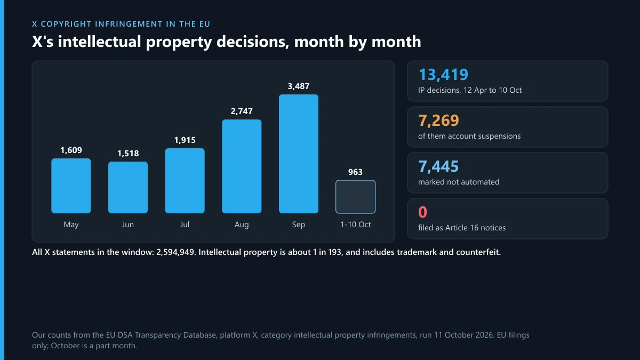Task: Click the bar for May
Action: [71, 186]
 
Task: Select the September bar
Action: [299, 154]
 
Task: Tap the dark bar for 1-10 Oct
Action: [355, 197]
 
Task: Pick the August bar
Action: [242, 166]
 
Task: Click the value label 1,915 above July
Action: [185, 140]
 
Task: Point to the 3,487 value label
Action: [299, 86]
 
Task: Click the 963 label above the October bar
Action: [355, 172]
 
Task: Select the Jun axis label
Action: [127, 225]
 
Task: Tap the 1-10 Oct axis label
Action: [355, 225]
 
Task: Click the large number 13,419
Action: [443, 75]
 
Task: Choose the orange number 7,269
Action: [438, 121]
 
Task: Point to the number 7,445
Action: [438, 166]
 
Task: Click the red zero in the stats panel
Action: [422, 212]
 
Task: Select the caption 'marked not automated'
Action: [459, 182]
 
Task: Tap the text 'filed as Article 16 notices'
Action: [462, 228]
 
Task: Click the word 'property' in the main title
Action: [179, 42]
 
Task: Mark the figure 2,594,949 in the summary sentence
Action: [175, 252]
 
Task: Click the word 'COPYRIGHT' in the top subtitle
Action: [66, 24]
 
